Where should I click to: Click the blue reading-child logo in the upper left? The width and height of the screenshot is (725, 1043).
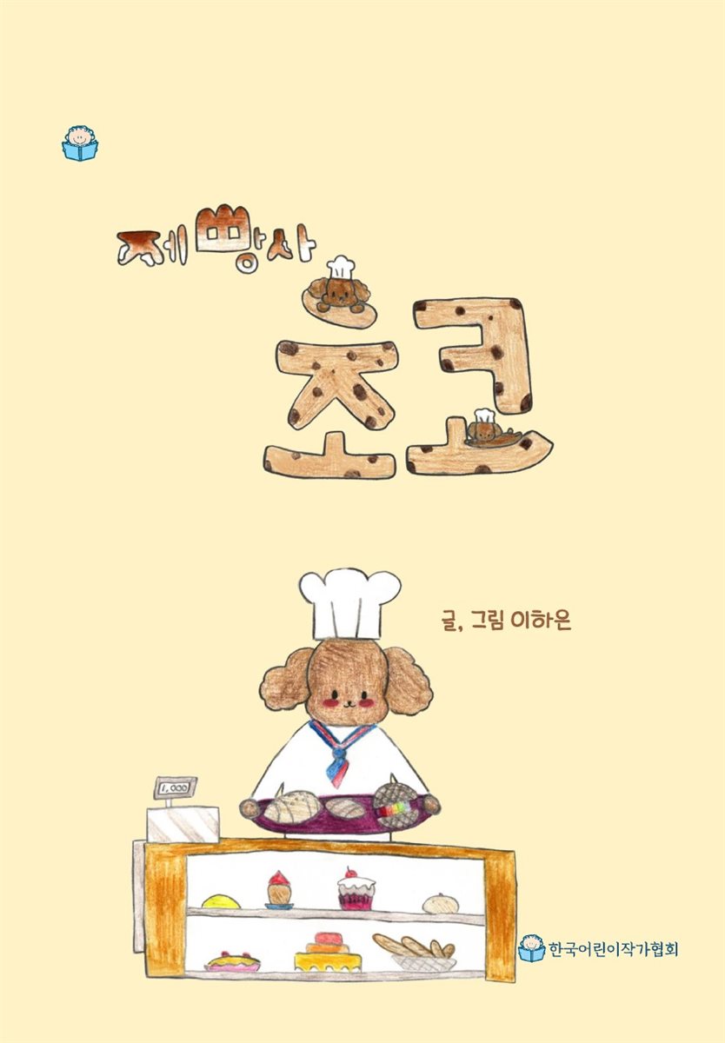point(80,143)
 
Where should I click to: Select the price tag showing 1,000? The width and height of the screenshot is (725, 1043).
point(175,787)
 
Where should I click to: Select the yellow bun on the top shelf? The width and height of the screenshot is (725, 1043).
point(221,901)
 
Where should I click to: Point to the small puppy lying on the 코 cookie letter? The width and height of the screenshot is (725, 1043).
point(486,428)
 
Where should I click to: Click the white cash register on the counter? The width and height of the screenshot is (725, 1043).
point(183,821)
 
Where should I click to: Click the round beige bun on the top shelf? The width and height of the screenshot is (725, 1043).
point(441,903)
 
